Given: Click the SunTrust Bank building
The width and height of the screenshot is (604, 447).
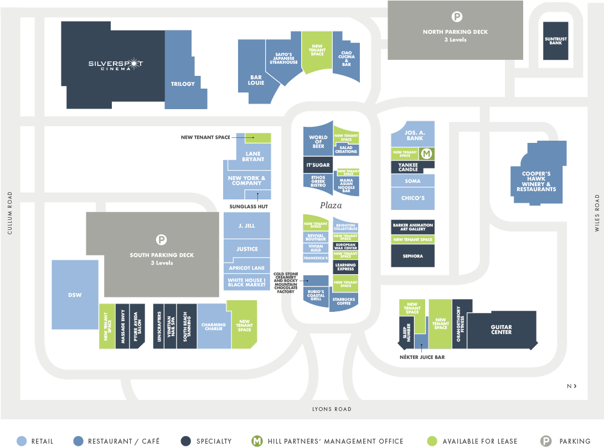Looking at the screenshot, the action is pos(555,41).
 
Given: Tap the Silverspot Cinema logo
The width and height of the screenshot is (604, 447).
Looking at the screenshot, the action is pos(116,64).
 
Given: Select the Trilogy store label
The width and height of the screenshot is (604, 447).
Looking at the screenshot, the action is pos(183,84).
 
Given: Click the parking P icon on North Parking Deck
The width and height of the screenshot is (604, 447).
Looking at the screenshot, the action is pos(457,17).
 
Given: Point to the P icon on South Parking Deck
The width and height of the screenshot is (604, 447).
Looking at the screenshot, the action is pos(162,240).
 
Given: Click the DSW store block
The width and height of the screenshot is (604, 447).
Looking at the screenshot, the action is pos(75,295).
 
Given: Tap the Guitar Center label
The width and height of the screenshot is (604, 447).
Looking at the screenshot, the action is pos(501,330).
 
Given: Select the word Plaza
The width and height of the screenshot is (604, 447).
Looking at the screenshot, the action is pos(331,205).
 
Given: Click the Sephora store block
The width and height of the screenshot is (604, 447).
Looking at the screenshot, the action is pos(412,256).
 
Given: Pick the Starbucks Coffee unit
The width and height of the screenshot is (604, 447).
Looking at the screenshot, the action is pos(344,301).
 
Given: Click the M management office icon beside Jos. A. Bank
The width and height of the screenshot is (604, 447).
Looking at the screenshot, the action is pos(426,154).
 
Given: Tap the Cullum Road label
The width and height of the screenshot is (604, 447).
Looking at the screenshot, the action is pos(10,213).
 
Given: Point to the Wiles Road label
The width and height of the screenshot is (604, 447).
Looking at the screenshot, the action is pos(597,213).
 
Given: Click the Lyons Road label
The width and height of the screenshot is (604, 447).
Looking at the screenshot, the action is pos(332,409).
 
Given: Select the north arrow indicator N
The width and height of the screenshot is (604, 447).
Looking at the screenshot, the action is pos(572,386).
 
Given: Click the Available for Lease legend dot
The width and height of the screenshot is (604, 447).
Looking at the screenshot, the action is pos(432,441).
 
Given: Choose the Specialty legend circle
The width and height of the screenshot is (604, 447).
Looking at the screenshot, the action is pos(186,441).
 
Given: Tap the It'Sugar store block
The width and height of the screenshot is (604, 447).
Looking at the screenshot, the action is pos(318,165).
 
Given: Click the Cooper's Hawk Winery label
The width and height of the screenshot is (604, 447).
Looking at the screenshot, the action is pos(536,182).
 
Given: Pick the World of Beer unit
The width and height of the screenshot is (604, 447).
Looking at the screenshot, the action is pos(318,140).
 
